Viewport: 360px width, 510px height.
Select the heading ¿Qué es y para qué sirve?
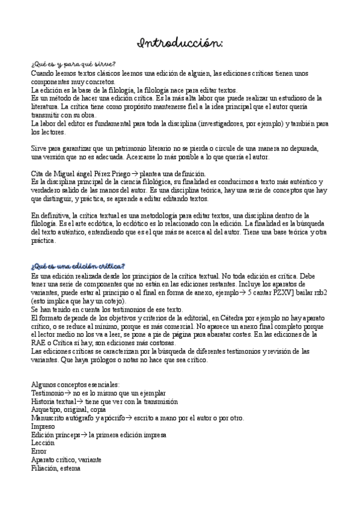tap(73, 64)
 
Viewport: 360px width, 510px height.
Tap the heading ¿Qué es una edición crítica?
tap(78, 266)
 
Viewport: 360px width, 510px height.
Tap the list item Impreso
tap(43, 426)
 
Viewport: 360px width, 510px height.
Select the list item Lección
tap(42, 443)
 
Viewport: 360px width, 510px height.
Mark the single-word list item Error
tap(38, 451)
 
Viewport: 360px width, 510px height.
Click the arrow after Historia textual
tap(81, 401)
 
